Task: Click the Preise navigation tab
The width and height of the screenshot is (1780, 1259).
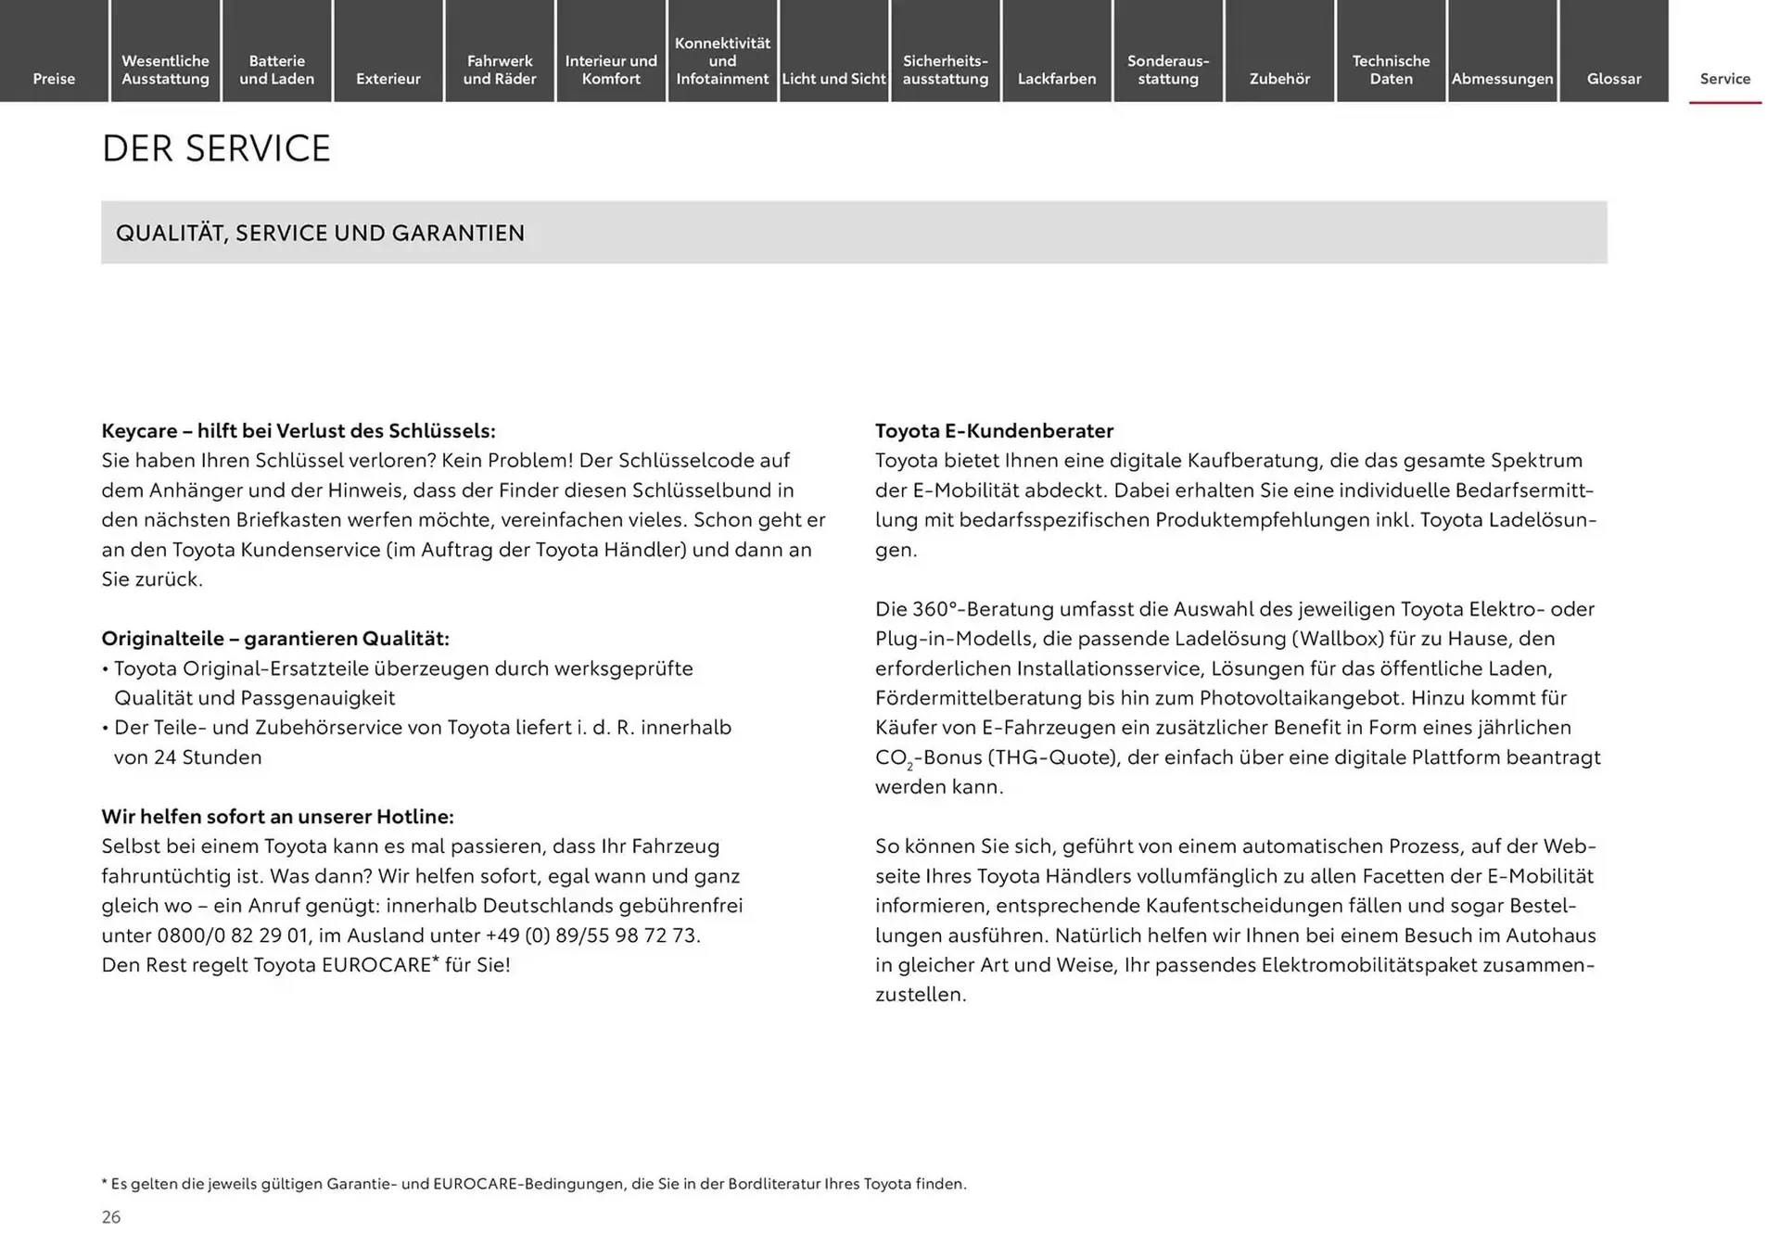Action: tap(54, 79)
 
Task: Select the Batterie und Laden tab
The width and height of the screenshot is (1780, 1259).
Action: tap(276, 70)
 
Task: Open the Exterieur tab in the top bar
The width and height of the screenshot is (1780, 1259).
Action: tap(388, 79)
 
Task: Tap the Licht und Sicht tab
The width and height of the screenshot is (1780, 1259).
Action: tap(833, 79)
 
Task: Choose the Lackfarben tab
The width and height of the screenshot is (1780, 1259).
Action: tap(1056, 79)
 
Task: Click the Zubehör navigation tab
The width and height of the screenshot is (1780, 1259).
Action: tap(1279, 79)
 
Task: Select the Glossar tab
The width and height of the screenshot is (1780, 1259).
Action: tap(1613, 79)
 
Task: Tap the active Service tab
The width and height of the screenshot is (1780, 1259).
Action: tap(1724, 79)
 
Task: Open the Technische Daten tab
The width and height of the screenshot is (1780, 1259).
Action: tap(1391, 70)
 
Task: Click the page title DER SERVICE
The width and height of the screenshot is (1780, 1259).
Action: tap(216, 148)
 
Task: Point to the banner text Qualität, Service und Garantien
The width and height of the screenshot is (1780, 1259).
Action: tap(320, 233)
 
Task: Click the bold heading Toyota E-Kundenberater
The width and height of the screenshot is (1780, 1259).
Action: tap(994, 430)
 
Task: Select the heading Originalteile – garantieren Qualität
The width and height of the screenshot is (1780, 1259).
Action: tap(275, 638)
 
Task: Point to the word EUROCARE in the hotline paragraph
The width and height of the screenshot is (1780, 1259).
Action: tap(375, 964)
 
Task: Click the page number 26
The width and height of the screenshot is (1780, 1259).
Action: tap(111, 1217)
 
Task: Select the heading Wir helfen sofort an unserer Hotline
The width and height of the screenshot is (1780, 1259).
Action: tap(277, 816)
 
